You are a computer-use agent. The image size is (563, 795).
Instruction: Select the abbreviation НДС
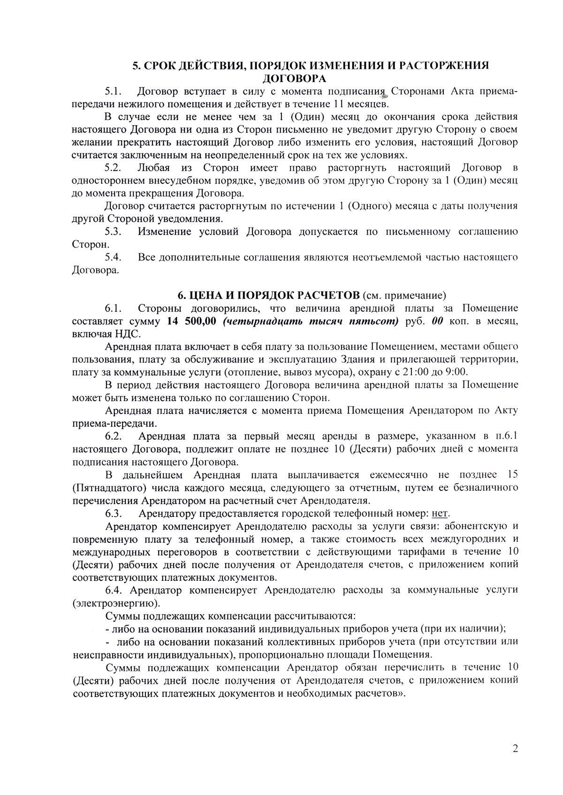[x=127, y=334]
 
